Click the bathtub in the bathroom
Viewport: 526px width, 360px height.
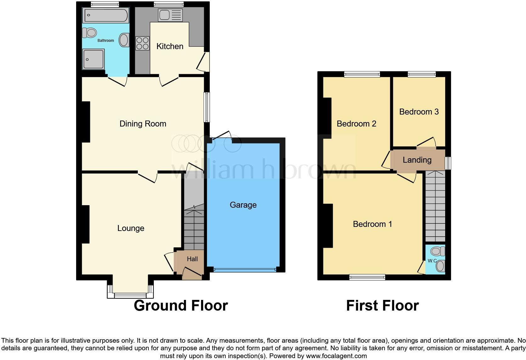(x=105, y=15)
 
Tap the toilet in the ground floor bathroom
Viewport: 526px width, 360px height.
(x=89, y=32)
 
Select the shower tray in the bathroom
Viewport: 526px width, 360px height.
(x=93, y=59)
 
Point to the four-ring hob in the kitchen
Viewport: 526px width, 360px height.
(x=142, y=43)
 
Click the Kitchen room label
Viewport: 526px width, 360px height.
(x=170, y=46)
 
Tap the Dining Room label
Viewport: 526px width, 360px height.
(x=143, y=124)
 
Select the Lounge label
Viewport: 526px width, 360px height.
(x=131, y=228)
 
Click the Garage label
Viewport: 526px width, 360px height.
(x=243, y=205)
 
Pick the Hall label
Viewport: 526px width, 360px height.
(x=192, y=259)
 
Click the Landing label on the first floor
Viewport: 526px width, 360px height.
(x=417, y=160)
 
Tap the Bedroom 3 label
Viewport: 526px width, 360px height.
(x=419, y=112)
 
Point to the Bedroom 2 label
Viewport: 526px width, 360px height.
(x=356, y=124)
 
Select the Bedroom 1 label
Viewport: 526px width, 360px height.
(x=372, y=224)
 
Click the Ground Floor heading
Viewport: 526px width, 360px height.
(x=181, y=306)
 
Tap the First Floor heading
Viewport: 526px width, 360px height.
(x=382, y=306)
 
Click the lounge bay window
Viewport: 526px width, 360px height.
(x=130, y=295)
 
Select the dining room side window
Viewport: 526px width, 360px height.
(x=207, y=107)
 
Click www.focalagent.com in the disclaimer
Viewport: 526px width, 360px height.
(x=336, y=356)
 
